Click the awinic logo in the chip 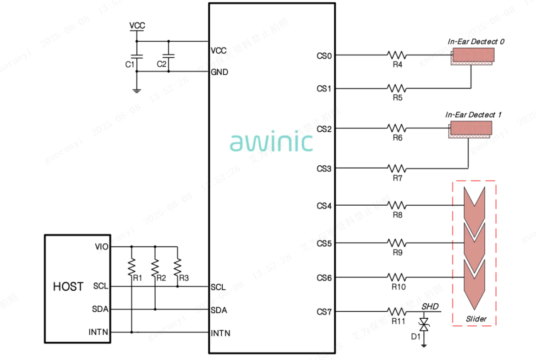click(271, 143)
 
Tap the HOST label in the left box click(68, 287)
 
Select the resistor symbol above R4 click(397, 55)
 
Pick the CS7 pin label click(324, 312)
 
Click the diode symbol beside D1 click(424, 325)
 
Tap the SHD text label click(430, 306)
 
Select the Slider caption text click(476, 319)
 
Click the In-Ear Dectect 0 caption click(476, 42)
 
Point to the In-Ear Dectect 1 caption click(473, 115)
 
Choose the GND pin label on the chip click(219, 72)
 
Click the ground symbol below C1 click(136, 90)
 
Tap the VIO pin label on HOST click(102, 247)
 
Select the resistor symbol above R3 click(178, 265)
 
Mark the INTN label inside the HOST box click(98, 332)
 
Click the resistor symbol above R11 click(397, 311)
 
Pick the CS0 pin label click(324, 56)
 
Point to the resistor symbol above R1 click(131, 265)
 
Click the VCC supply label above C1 click(137, 26)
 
